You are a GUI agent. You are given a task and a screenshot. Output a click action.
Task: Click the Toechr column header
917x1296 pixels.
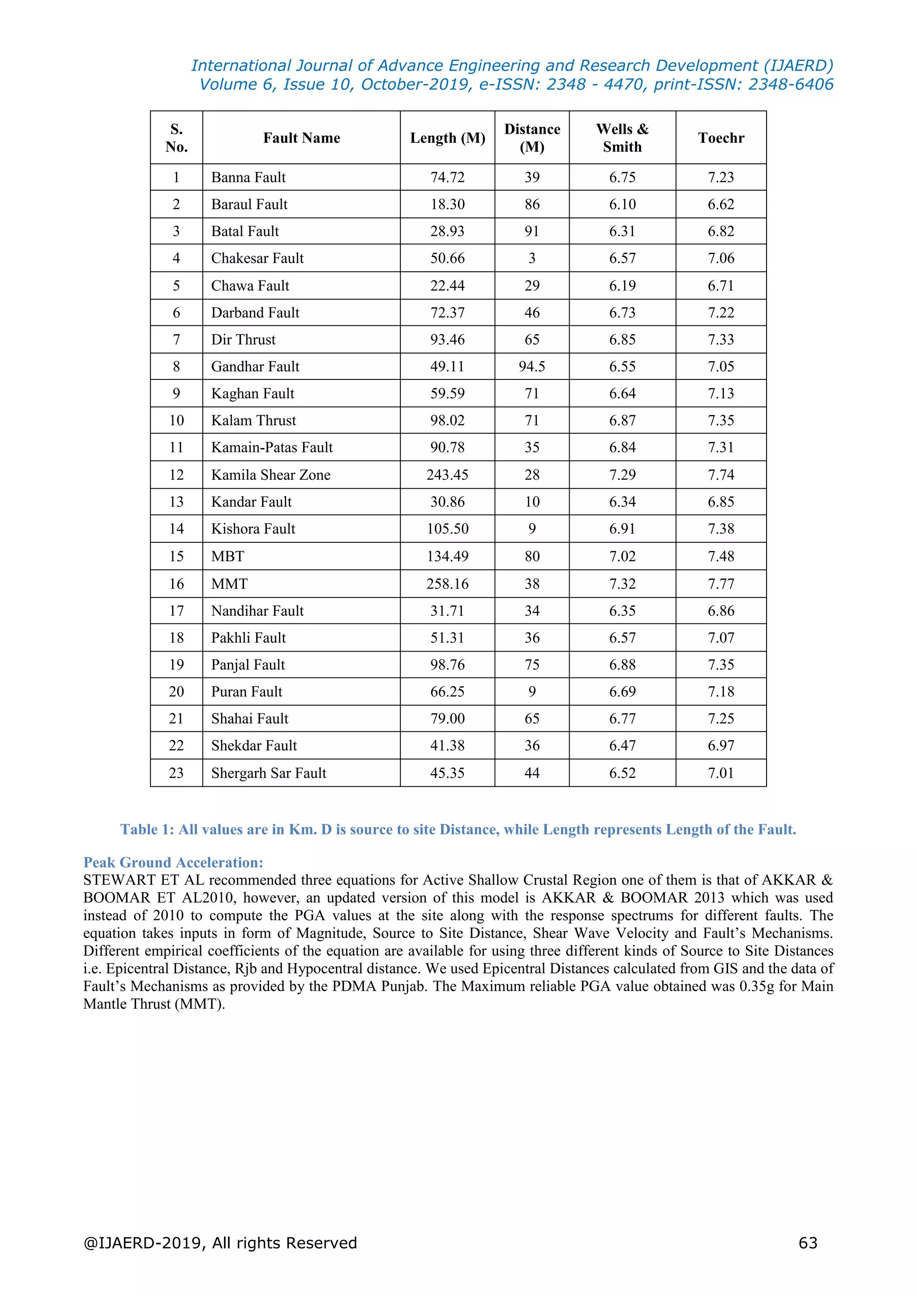(720, 138)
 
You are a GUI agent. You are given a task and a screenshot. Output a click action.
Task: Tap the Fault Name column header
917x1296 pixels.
(301, 138)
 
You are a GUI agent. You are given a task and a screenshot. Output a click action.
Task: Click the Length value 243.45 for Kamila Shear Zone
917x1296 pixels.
(447, 475)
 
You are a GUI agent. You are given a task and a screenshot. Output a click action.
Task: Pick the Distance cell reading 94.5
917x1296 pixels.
(531, 367)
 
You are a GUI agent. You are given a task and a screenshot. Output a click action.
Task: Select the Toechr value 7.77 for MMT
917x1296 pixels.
(720, 584)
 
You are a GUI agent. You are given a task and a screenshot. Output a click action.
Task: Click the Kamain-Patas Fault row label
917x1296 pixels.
(272, 447)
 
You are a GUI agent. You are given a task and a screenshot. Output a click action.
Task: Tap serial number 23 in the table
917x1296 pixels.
(176, 773)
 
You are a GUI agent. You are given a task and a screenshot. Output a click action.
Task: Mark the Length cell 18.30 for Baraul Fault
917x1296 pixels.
(447, 205)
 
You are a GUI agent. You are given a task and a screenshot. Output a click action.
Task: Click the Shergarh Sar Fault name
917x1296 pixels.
(268, 773)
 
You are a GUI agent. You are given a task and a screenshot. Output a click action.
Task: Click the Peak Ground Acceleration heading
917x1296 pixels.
(173, 862)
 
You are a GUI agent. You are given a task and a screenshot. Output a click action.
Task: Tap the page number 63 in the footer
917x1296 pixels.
(807, 1243)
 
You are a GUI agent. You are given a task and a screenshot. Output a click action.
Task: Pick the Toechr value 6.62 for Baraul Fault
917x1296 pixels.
(720, 205)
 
